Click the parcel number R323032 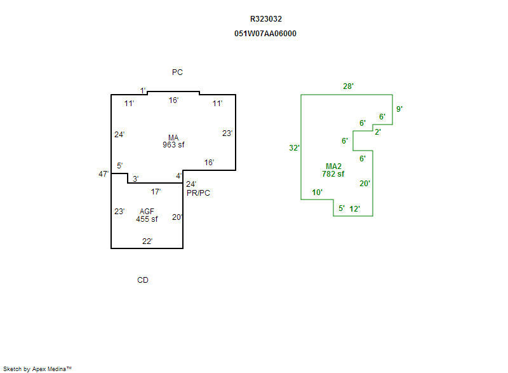pos(266,19)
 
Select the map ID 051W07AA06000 pos(265,34)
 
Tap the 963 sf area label pos(173,145)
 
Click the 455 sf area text pos(147,219)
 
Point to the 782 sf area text pos(333,174)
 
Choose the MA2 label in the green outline pos(333,166)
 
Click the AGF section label pos(147,212)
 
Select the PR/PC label pos(198,193)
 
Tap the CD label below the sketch pos(143,280)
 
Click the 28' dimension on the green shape pos(348,86)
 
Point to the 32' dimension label pos(294,148)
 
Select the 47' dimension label pos(104,174)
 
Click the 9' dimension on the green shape pos(399,109)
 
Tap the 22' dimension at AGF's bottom pos(147,241)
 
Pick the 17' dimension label pos(156,192)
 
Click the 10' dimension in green pos(317,193)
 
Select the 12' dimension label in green pos(354,208)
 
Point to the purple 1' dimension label pos(143,91)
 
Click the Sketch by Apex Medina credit pos(37,369)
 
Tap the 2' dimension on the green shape pos(377,132)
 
